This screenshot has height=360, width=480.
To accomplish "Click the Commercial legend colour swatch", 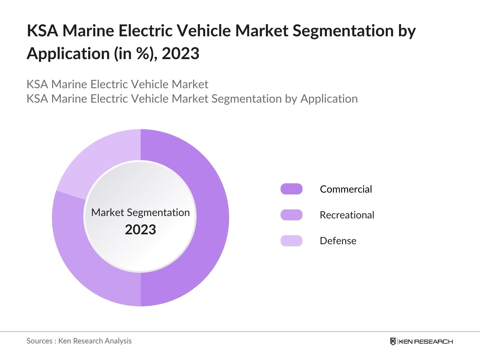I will coord(291,189).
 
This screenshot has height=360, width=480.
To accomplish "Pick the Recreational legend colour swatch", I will coord(291,215).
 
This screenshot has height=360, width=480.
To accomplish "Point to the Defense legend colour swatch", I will coord(291,241).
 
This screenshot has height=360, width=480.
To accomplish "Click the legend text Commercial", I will coord(346,189).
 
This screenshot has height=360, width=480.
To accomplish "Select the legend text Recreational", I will coord(347,215).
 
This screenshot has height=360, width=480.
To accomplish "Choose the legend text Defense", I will coord(338,241).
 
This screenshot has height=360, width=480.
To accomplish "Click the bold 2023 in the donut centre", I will coord(140,230).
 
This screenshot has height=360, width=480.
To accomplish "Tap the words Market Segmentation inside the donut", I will coord(140,212).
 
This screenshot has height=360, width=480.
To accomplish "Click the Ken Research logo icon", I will coord(393,341).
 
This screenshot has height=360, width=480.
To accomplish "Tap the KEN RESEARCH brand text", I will coord(426,341).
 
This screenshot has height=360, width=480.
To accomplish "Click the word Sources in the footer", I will coord(39,341).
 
